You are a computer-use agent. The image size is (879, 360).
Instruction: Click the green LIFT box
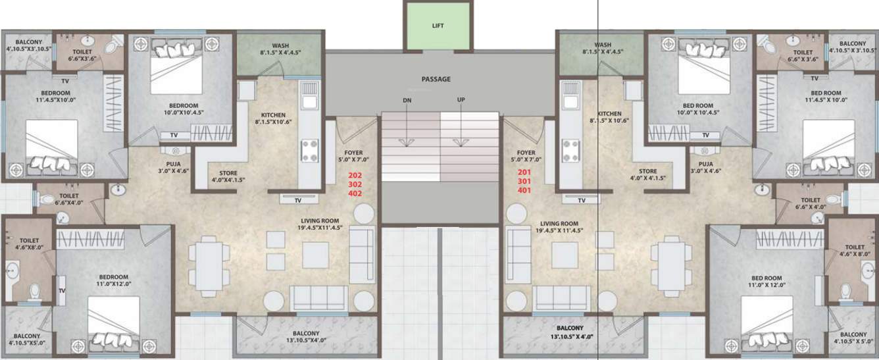pyautogui.click(x=438, y=26)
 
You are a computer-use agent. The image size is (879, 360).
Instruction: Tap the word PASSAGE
pyautogui.click(x=436, y=79)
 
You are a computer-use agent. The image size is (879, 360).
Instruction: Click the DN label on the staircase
pyautogui.click(x=407, y=100)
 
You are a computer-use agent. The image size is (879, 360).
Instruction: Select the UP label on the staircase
pyautogui.click(x=462, y=100)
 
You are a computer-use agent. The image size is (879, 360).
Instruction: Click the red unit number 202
pyautogui.click(x=355, y=175)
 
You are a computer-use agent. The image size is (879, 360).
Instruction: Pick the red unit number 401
pyautogui.click(x=524, y=190)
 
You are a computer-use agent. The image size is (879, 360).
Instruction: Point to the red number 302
pyautogui.click(x=355, y=184)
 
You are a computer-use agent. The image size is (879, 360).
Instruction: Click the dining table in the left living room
pyautogui.click(x=209, y=266)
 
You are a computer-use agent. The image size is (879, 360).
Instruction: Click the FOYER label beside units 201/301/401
pyautogui.click(x=524, y=155)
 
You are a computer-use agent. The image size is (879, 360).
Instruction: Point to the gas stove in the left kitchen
pyautogui.click(x=309, y=151)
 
